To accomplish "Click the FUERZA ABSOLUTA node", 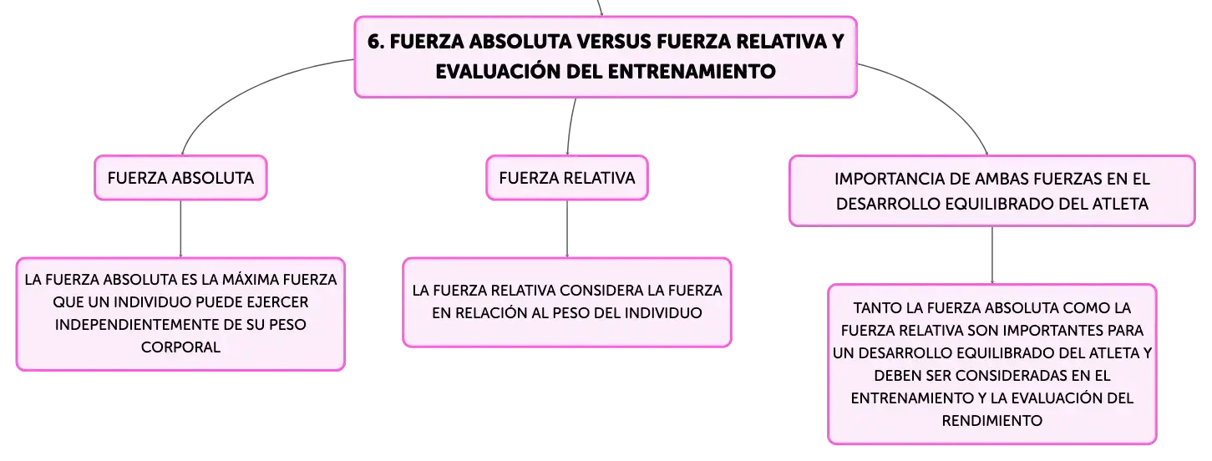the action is [180, 178].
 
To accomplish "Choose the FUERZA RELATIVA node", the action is [567, 178].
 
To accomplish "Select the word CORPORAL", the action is [180, 347].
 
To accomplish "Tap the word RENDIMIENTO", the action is [992, 421].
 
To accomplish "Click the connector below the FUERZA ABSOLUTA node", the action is [180, 229].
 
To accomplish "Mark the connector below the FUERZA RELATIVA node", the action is [567, 229].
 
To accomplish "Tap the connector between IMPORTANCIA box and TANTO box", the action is [992, 255].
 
